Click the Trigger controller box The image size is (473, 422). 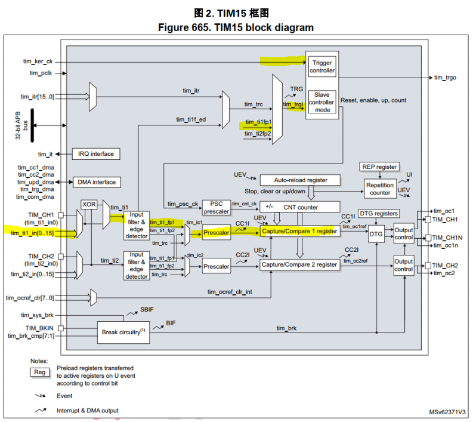(x=322, y=66)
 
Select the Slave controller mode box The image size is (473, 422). (x=322, y=102)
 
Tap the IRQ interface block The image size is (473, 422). (x=96, y=154)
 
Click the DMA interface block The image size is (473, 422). (x=97, y=182)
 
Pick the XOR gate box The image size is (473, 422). (x=89, y=204)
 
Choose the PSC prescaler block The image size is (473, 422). (x=216, y=208)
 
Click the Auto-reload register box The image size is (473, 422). (x=300, y=180)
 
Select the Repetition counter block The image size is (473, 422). (x=380, y=189)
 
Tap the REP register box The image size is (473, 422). (x=379, y=167)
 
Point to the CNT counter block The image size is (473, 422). (x=300, y=207)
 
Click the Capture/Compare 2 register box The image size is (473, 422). (x=299, y=264)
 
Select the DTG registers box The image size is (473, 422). (x=379, y=214)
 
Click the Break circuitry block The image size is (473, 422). (x=123, y=332)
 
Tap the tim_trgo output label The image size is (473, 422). (x=445, y=78)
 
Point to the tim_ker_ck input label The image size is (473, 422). (x=38, y=61)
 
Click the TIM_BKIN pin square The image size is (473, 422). (x=61, y=328)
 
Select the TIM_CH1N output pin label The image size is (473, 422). (x=447, y=238)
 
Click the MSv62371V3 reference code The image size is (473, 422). (x=447, y=412)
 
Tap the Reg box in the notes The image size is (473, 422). (x=40, y=372)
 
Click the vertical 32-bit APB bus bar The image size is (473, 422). (x=32, y=125)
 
